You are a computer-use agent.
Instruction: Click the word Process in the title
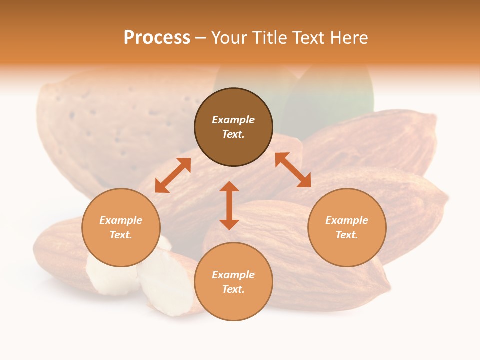tap(157, 38)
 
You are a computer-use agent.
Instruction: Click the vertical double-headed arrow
tap(229, 206)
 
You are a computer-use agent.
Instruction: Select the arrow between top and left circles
tap(173, 175)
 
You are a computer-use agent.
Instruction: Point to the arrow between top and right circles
tap(293, 170)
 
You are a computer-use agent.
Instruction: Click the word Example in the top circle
tap(233, 120)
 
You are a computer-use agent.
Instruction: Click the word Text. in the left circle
tap(121, 235)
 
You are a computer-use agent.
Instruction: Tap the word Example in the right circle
tap(347, 220)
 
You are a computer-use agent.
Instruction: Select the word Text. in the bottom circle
tap(233, 289)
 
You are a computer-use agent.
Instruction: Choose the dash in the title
tap(201, 38)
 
